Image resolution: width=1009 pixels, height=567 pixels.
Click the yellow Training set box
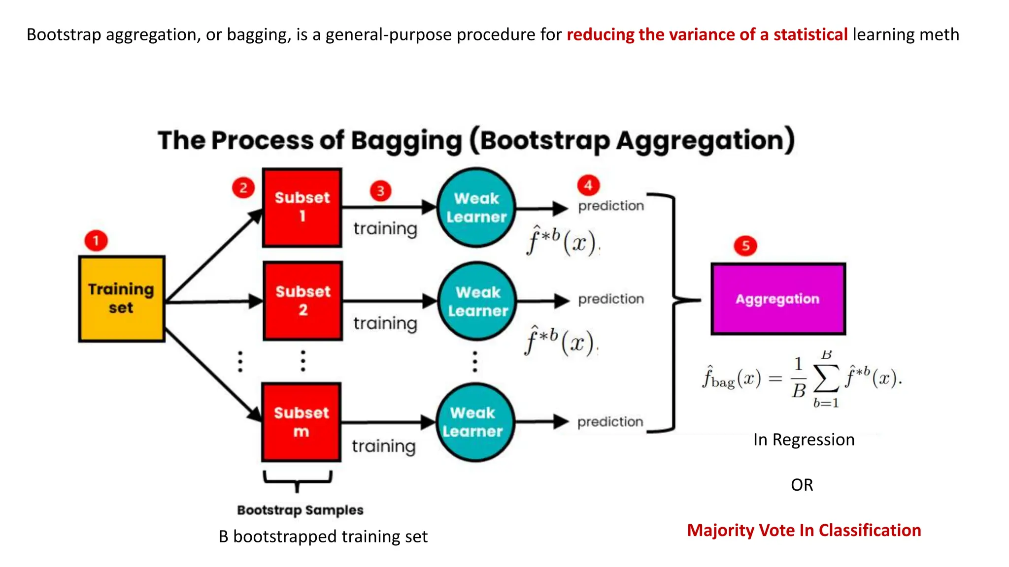tap(121, 298)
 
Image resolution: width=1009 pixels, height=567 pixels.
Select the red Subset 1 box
tap(302, 207)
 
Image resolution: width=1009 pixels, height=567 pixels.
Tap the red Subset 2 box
tap(303, 301)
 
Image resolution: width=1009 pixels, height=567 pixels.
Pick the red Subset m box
tap(301, 422)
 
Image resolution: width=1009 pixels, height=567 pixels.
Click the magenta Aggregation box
tap(778, 299)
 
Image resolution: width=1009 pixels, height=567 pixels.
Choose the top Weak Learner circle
tap(476, 207)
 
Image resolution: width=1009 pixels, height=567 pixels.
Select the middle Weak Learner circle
tap(477, 301)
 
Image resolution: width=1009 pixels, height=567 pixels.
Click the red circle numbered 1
tap(96, 241)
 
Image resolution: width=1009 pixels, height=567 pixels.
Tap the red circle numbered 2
tap(243, 188)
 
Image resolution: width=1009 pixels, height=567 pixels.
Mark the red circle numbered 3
tap(380, 191)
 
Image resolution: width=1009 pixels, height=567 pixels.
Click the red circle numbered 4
tap(588, 186)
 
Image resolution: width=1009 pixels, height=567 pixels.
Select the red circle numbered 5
tap(745, 246)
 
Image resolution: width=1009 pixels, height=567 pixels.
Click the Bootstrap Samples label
tap(300, 510)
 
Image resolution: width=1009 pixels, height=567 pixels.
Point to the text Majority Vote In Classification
tap(804, 530)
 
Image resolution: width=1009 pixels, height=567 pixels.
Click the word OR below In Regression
tap(802, 485)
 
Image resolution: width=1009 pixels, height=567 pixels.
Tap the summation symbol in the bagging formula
tap(826, 379)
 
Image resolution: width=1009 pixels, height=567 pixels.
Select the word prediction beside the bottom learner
tap(610, 422)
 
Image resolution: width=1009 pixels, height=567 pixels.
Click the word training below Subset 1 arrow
tap(385, 229)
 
